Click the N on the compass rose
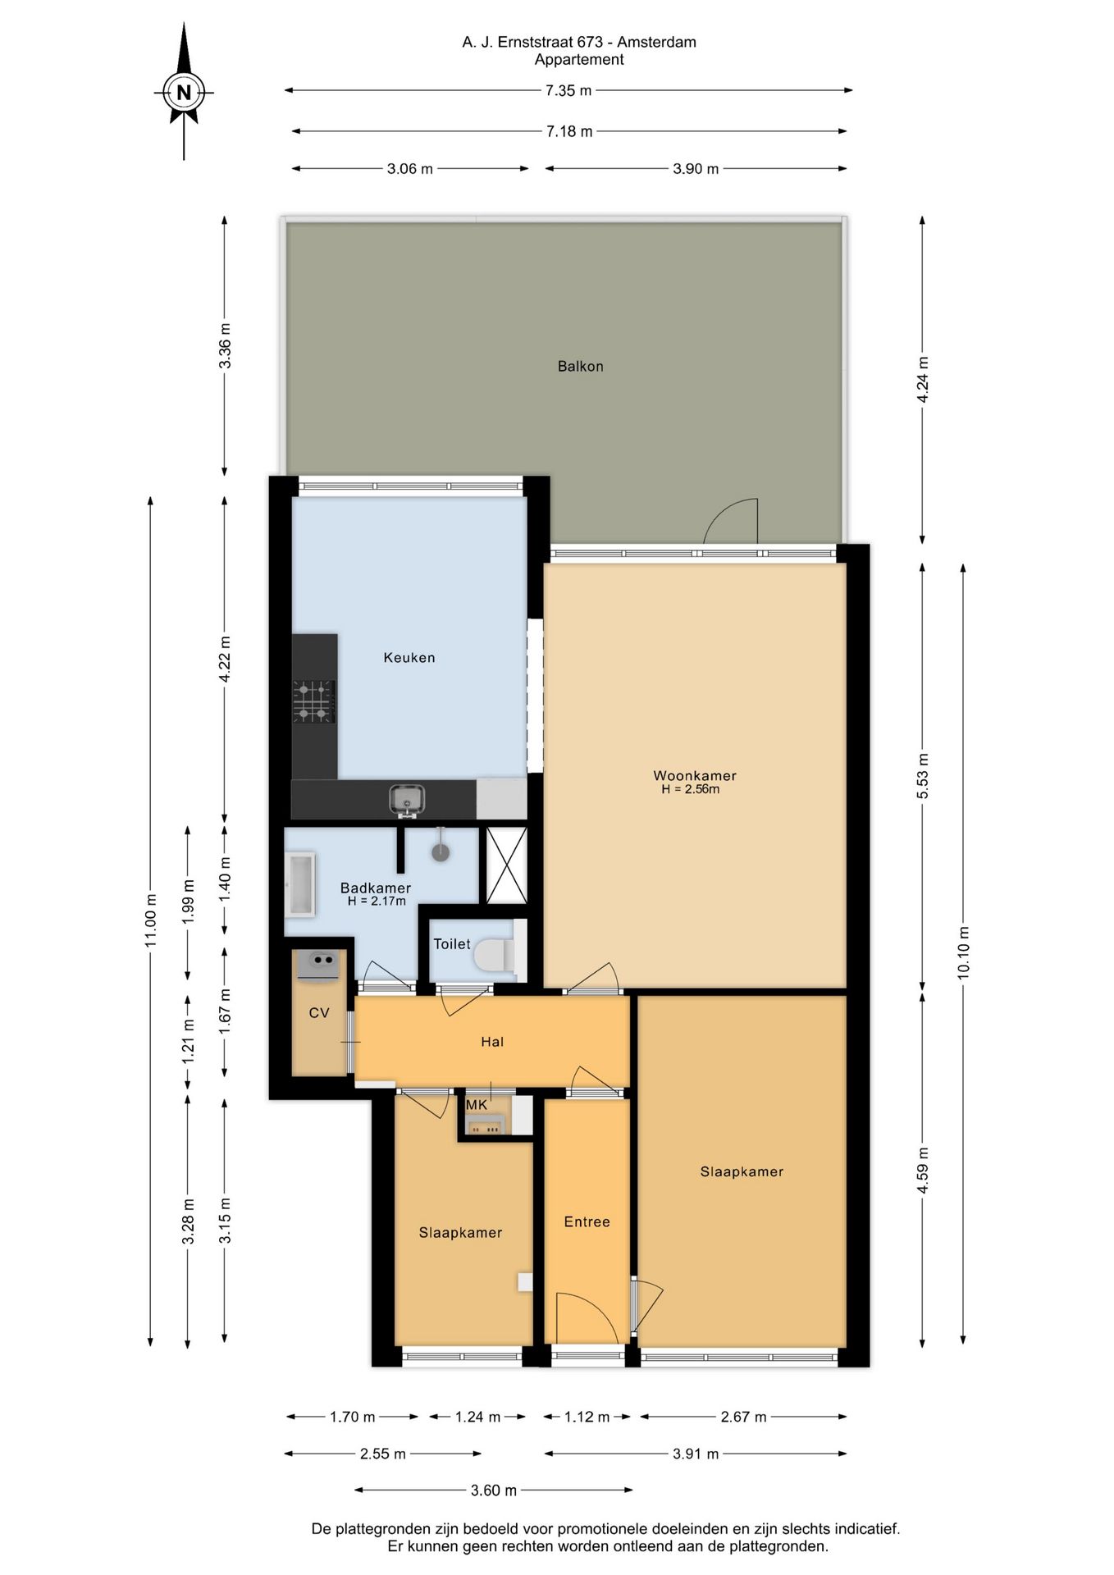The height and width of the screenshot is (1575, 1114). [184, 93]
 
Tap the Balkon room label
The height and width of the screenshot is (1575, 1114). [581, 367]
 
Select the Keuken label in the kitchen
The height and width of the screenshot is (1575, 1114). [409, 658]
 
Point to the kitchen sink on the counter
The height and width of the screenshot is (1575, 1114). [407, 800]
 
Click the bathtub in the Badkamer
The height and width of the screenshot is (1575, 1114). [300, 884]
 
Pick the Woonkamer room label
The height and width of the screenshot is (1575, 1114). [695, 775]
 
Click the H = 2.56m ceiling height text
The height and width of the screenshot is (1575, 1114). [691, 790]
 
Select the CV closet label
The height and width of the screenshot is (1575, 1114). [319, 1013]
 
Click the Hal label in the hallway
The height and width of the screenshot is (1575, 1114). [492, 1042]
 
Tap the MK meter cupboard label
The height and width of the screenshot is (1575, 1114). [477, 1105]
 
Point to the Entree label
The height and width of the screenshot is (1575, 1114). [587, 1222]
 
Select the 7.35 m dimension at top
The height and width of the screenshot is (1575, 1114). [568, 90]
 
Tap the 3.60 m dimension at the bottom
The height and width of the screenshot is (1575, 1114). [494, 1491]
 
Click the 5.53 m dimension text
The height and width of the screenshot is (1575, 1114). [923, 776]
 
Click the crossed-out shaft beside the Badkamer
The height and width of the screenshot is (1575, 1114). [506, 865]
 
